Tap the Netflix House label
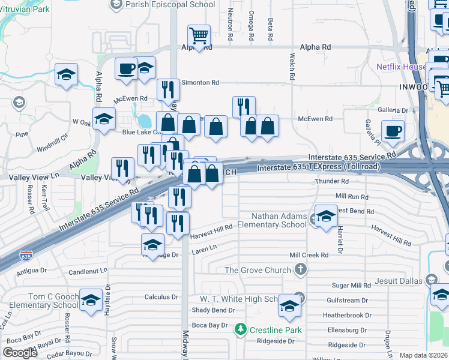[401, 67]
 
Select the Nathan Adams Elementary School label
[271, 220]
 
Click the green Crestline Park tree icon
[241, 329]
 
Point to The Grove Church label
[258, 270]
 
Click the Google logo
[20, 352]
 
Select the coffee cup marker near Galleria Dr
[393, 131]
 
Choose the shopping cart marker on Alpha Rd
[198, 35]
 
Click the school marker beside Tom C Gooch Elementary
[91, 300]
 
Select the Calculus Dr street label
[158, 297]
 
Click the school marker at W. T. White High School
[289, 306]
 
